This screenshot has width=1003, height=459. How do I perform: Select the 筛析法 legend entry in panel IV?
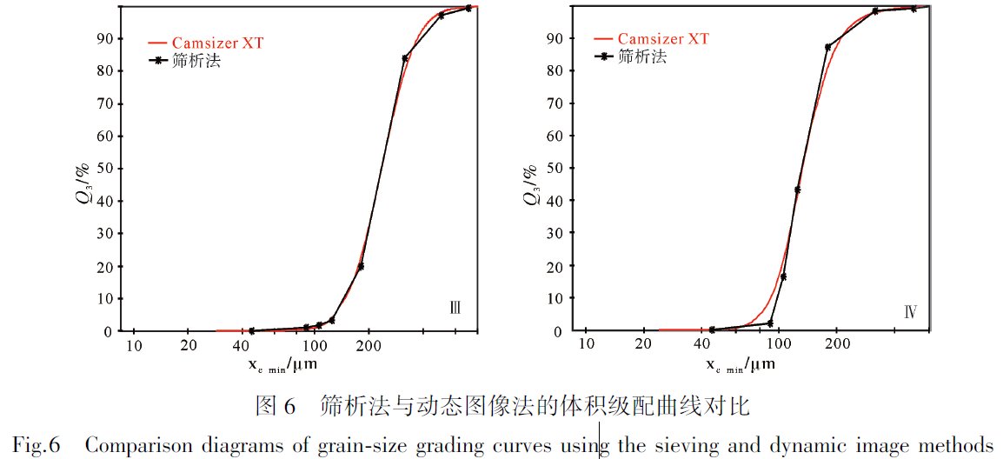[642, 57]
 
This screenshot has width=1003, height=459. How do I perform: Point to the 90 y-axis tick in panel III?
[106, 38]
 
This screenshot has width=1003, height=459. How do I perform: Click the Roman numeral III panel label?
[454, 309]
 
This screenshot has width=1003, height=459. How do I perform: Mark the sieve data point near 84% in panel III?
[405, 58]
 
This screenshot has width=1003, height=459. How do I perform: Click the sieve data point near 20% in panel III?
[361, 266]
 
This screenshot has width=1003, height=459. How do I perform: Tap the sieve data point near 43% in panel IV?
[798, 190]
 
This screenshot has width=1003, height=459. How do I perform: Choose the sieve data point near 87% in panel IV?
[827, 47]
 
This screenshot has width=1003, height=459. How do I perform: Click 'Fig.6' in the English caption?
[36, 446]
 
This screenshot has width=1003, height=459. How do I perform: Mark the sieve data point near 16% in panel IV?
[783, 276]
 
